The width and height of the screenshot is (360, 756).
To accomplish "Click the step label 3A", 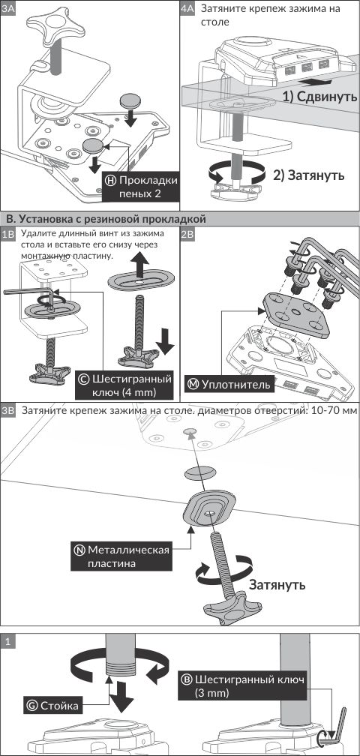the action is coord(7,9).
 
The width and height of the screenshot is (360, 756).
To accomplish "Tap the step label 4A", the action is coord(187,9).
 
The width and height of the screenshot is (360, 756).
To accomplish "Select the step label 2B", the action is coord(187,234).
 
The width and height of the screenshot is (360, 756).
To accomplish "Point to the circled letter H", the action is coord(110,181).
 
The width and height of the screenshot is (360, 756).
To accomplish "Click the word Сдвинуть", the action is coord(327,97).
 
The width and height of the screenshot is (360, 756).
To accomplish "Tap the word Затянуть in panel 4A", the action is coord(316,175).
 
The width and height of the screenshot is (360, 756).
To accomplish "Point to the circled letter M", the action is coord(193,384).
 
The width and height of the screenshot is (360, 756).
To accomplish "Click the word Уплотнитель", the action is coord(235,385).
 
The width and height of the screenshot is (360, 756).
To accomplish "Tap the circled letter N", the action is coord(79,550).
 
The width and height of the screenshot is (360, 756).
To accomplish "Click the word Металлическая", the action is coord(129,550).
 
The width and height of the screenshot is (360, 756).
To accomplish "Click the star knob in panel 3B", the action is coord(228,613).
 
